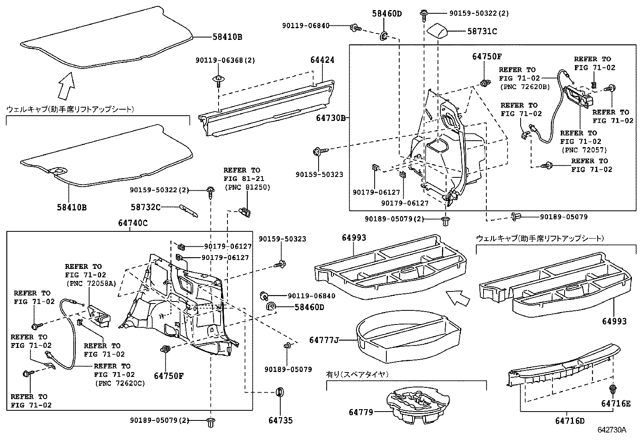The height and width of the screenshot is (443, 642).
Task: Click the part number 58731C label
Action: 482,31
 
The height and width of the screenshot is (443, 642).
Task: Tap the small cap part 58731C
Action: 438,30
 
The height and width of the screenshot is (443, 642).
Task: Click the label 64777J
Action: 323,340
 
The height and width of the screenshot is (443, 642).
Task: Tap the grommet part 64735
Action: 279,391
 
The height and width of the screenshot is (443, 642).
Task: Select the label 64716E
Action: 615,403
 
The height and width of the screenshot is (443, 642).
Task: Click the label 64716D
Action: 569,421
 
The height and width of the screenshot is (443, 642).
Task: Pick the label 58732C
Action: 145,207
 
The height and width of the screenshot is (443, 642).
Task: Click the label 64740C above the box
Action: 133,223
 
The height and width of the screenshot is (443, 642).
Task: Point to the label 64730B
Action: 331,118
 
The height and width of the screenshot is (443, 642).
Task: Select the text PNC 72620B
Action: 524,86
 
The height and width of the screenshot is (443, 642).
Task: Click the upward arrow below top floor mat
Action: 66,85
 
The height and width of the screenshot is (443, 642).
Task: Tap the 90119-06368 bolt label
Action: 225,60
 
